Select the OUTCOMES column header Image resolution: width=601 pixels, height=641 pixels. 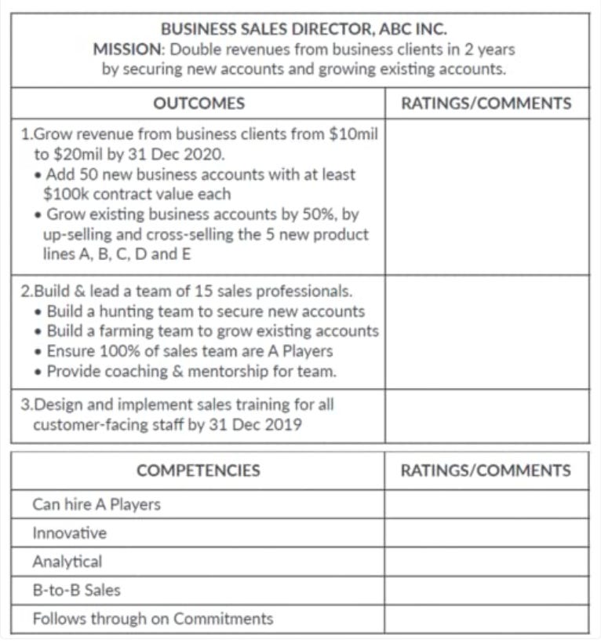pos(199,104)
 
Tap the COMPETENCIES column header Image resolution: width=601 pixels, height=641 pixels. pos(199,471)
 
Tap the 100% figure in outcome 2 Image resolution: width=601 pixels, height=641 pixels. pos(108,351)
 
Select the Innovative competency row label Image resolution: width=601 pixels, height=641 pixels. pos(69,533)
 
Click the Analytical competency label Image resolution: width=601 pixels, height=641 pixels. pos(67,562)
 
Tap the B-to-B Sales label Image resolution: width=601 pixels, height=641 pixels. pos(76,590)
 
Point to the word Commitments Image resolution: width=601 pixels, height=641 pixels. pos(223,618)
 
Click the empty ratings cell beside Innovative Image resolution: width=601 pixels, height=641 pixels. pos(486,533)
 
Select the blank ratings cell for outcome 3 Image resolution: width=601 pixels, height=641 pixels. pos(486,416)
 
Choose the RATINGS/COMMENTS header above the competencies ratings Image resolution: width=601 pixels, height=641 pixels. pos(486,471)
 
